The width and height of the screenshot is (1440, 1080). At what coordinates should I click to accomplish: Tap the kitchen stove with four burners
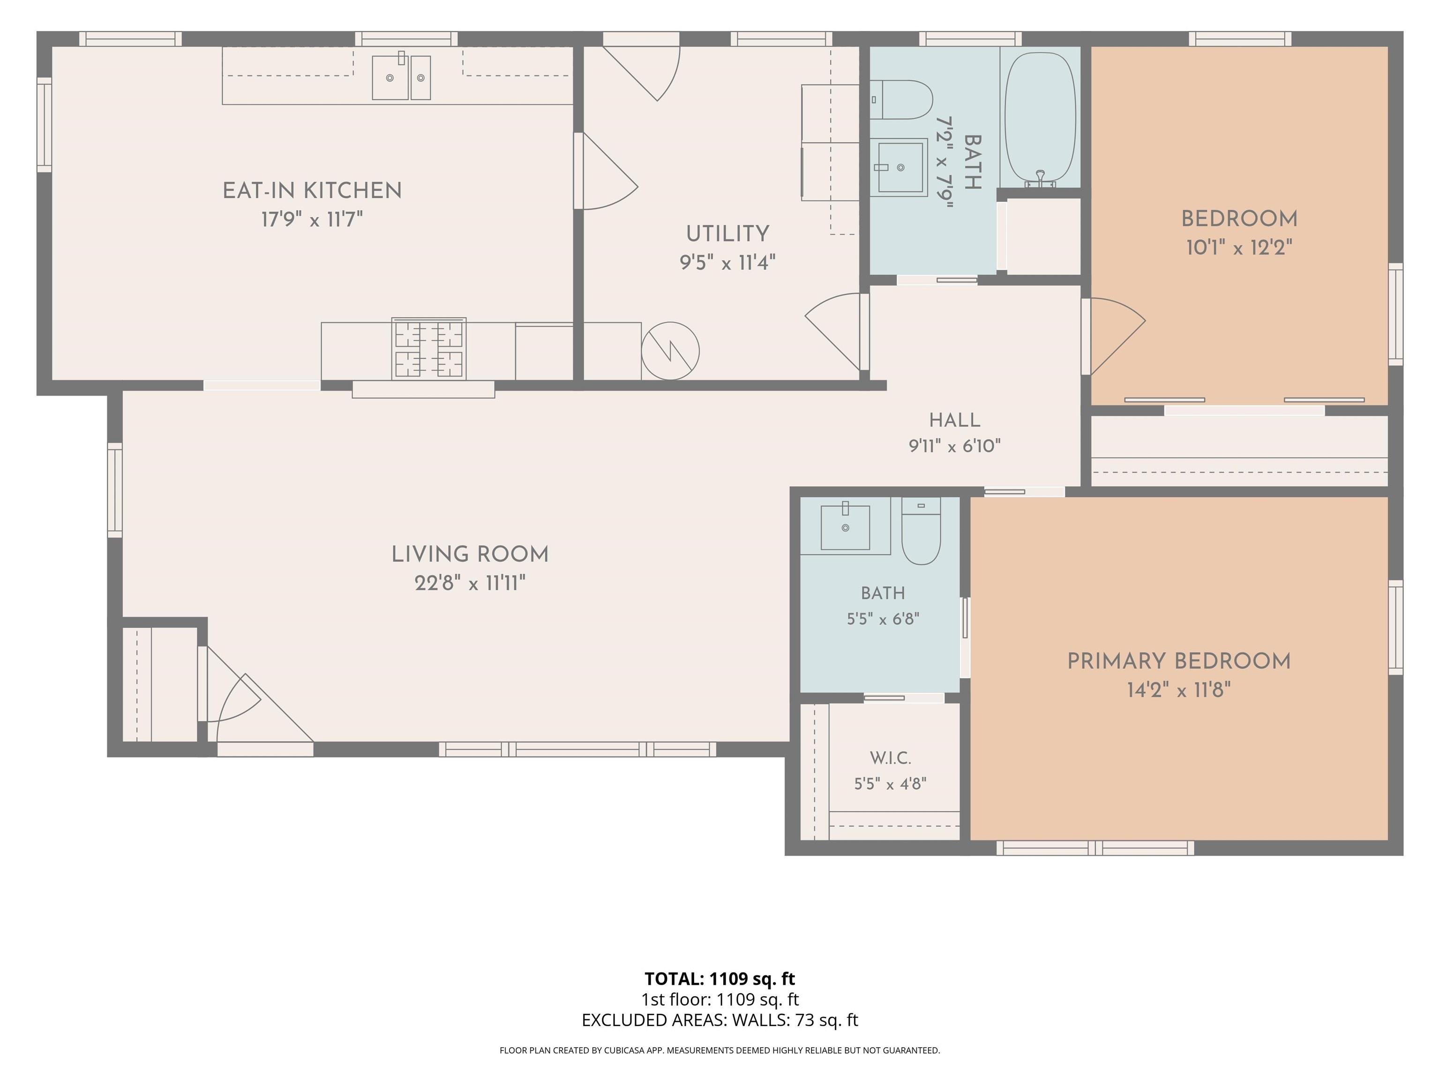[x=428, y=349]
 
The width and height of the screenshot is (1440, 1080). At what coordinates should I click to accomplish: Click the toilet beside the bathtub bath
[x=901, y=99]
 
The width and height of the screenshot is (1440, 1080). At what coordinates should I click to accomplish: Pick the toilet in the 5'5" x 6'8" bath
[x=921, y=531]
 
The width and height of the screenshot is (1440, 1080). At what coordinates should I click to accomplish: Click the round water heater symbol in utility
[x=670, y=351]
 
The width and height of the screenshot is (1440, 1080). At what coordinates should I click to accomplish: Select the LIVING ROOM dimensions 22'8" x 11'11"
[x=470, y=583]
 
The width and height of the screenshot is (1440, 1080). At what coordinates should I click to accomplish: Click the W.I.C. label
[x=890, y=758]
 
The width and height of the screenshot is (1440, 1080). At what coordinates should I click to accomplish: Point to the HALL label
[x=954, y=420]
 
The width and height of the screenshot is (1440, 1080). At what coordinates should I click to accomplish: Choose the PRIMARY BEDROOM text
[x=1179, y=661]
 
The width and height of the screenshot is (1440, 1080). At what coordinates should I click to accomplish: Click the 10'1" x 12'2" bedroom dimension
[x=1239, y=247]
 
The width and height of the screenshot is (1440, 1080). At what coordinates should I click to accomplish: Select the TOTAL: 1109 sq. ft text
[x=720, y=978]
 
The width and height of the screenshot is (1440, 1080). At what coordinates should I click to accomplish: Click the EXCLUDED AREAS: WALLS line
[x=720, y=1020]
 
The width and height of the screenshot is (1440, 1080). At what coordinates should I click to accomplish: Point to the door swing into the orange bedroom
[x=1115, y=336]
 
